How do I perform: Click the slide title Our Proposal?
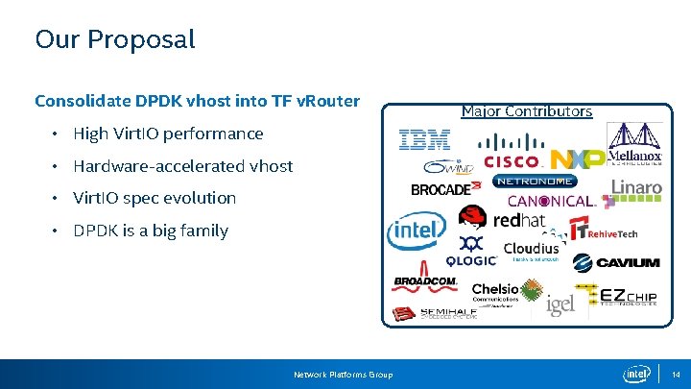coord(114,39)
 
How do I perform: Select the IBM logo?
coord(424,140)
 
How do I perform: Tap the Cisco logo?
coord(512,160)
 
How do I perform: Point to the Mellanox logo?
coord(634,144)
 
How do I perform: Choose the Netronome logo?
coord(536,181)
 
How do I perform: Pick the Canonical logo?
coord(552,202)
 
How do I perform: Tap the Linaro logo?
coord(636,189)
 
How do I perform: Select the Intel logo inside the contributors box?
coord(416,231)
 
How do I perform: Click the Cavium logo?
coord(615,262)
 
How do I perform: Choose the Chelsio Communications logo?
coord(495,293)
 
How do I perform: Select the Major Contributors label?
coord(526,111)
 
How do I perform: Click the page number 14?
coord(676,374)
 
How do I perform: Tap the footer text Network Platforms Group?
coord(343,374)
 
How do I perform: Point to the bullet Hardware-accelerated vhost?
coord(182,166)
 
